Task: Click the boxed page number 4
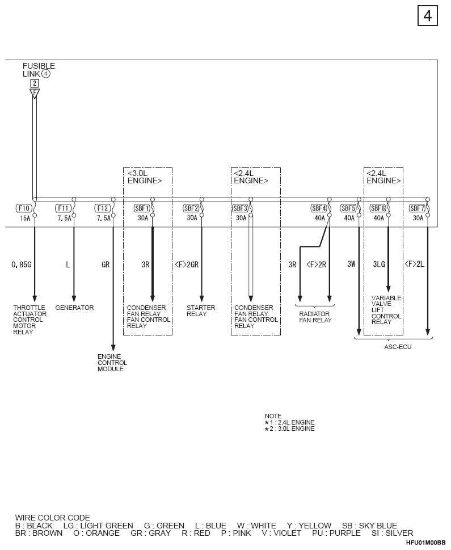click(428, 16)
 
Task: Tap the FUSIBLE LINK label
click(39, 70)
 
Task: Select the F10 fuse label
click(24, 208)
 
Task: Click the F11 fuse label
click(63, 208)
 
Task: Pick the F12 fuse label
click(103, 208)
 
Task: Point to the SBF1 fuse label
click(142, 208)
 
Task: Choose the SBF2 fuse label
click(191, 208)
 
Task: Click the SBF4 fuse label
click(319, 208)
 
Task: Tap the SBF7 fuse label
click(417, 208)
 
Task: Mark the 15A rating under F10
click(26, 218)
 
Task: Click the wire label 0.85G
click(22, 264)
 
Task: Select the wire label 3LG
click(379, 264)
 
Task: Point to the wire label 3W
click(351, 264)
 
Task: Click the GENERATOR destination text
click(74, 308)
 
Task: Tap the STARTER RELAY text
click(201, 311)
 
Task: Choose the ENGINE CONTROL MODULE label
click(112, 363)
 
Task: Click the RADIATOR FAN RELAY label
click(315, 317)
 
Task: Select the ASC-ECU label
click(398, 347)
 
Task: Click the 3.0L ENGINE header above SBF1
click(145, 177)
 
